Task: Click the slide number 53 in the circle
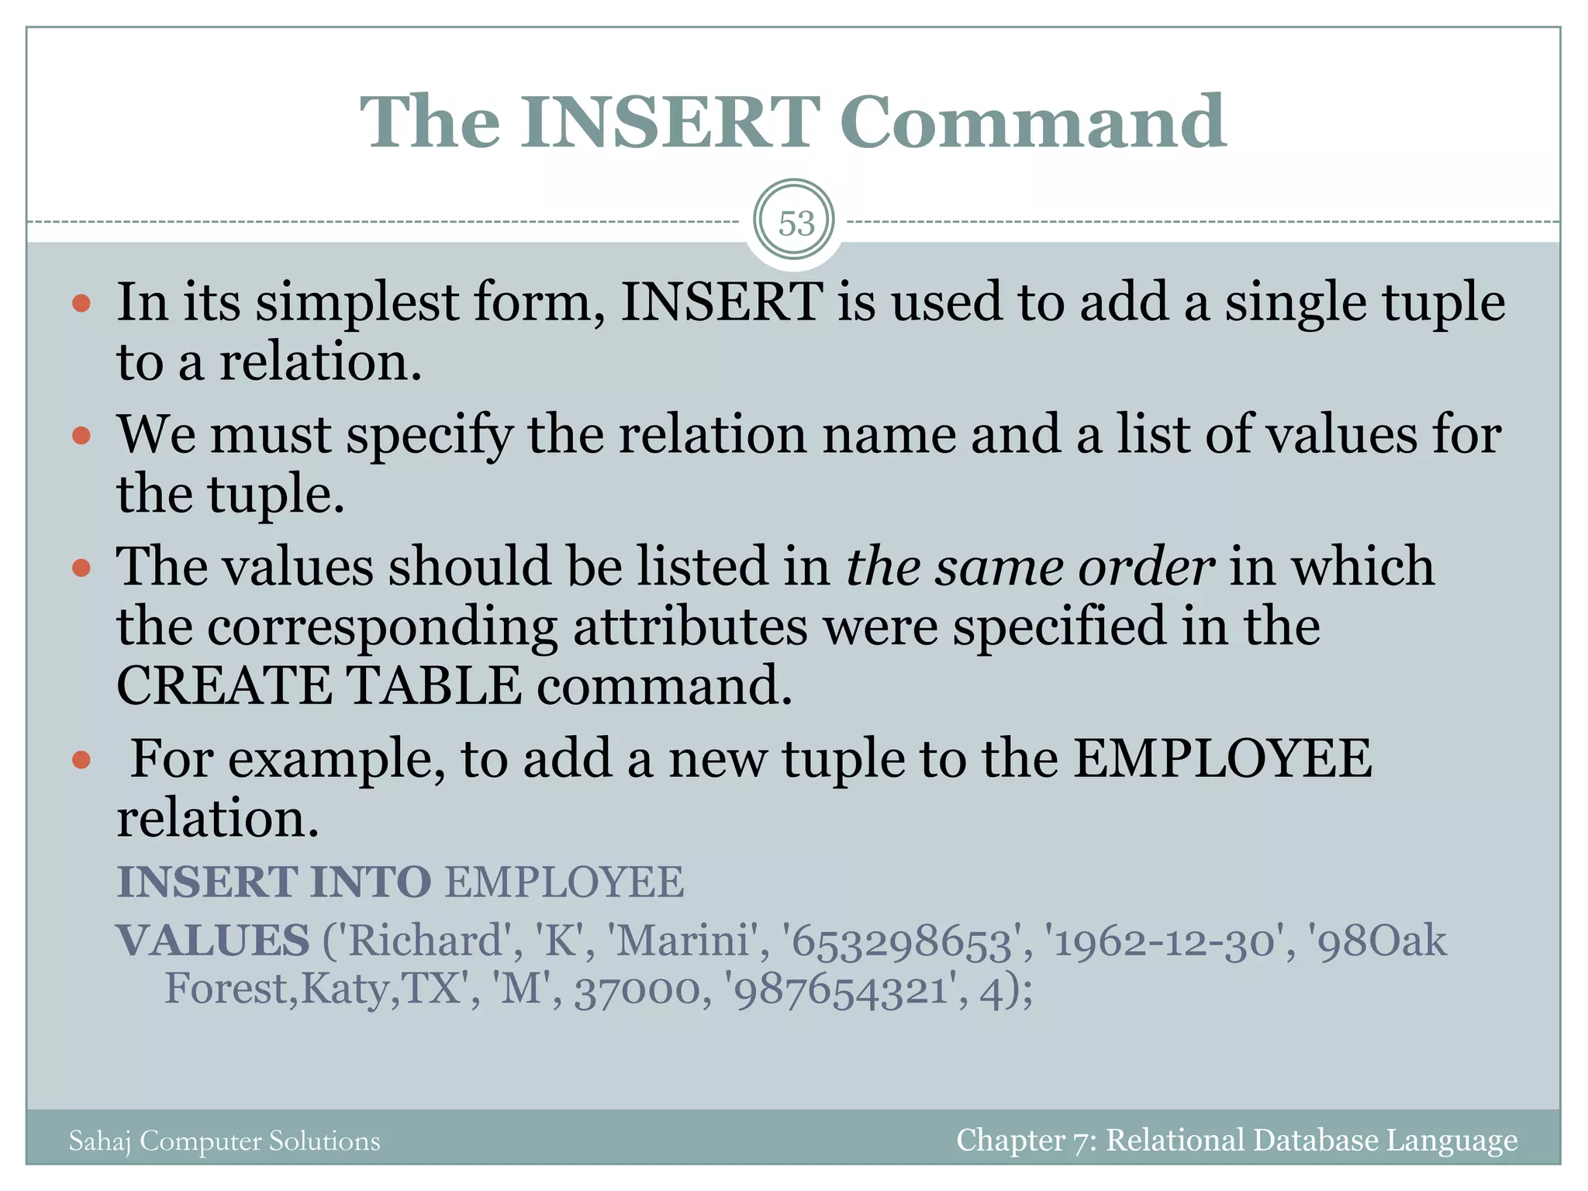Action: pos(796,224)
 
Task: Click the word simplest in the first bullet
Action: pos(357,302)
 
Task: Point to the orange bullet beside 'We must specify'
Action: pos(81,436)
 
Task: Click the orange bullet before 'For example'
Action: pos(81,760)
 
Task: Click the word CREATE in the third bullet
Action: pos(224,686)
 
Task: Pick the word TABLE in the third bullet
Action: pos(433,686)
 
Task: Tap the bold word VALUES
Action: pos(213,941)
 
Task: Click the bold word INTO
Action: pos(370,882)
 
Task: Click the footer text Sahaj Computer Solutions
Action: pos(225,1141)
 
